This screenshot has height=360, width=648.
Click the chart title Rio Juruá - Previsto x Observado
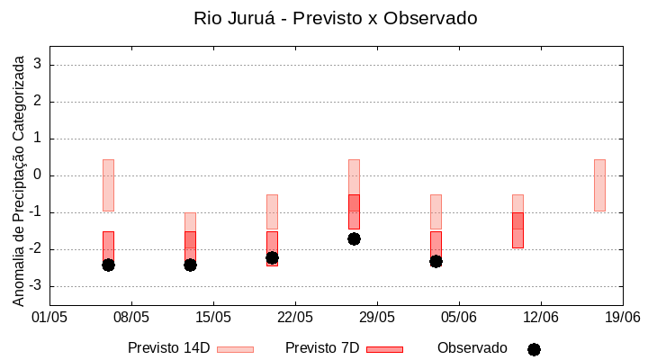point(335,18)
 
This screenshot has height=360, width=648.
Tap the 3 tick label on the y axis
point(38,65)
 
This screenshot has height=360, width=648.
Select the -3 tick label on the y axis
point(34,286)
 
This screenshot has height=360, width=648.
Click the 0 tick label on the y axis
point(38,175)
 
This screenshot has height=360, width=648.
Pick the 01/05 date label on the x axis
point(49,317)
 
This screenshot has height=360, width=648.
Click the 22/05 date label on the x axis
point(295,317)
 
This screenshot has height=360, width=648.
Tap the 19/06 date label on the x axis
point(622,317)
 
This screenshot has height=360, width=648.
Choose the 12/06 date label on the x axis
point(540,317)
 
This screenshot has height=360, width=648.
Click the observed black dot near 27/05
point(354,238)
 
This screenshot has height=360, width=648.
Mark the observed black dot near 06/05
point(108,265)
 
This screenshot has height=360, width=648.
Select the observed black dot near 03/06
point(436,261)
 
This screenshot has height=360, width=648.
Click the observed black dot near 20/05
point(272,257)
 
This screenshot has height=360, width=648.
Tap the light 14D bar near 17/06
point(599,184)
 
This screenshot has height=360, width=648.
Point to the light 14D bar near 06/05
point(108,184)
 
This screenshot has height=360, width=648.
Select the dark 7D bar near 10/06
point(517,229)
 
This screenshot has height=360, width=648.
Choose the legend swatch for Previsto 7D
point(384,349)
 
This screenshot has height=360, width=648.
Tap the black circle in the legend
point(534,349)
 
